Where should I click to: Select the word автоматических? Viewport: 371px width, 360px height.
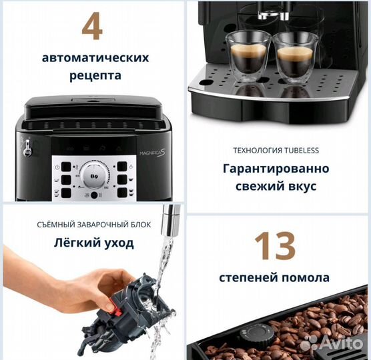click(95, 57)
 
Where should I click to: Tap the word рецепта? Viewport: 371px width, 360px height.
click(95, 75)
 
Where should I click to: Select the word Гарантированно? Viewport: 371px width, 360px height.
click(276, 169)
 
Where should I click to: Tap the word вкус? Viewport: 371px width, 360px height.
click(302, 187)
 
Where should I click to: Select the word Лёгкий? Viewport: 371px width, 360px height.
click(75, 243)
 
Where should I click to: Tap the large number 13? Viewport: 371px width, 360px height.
click(276, 247)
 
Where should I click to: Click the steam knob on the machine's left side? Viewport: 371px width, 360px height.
click(27, 149)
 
